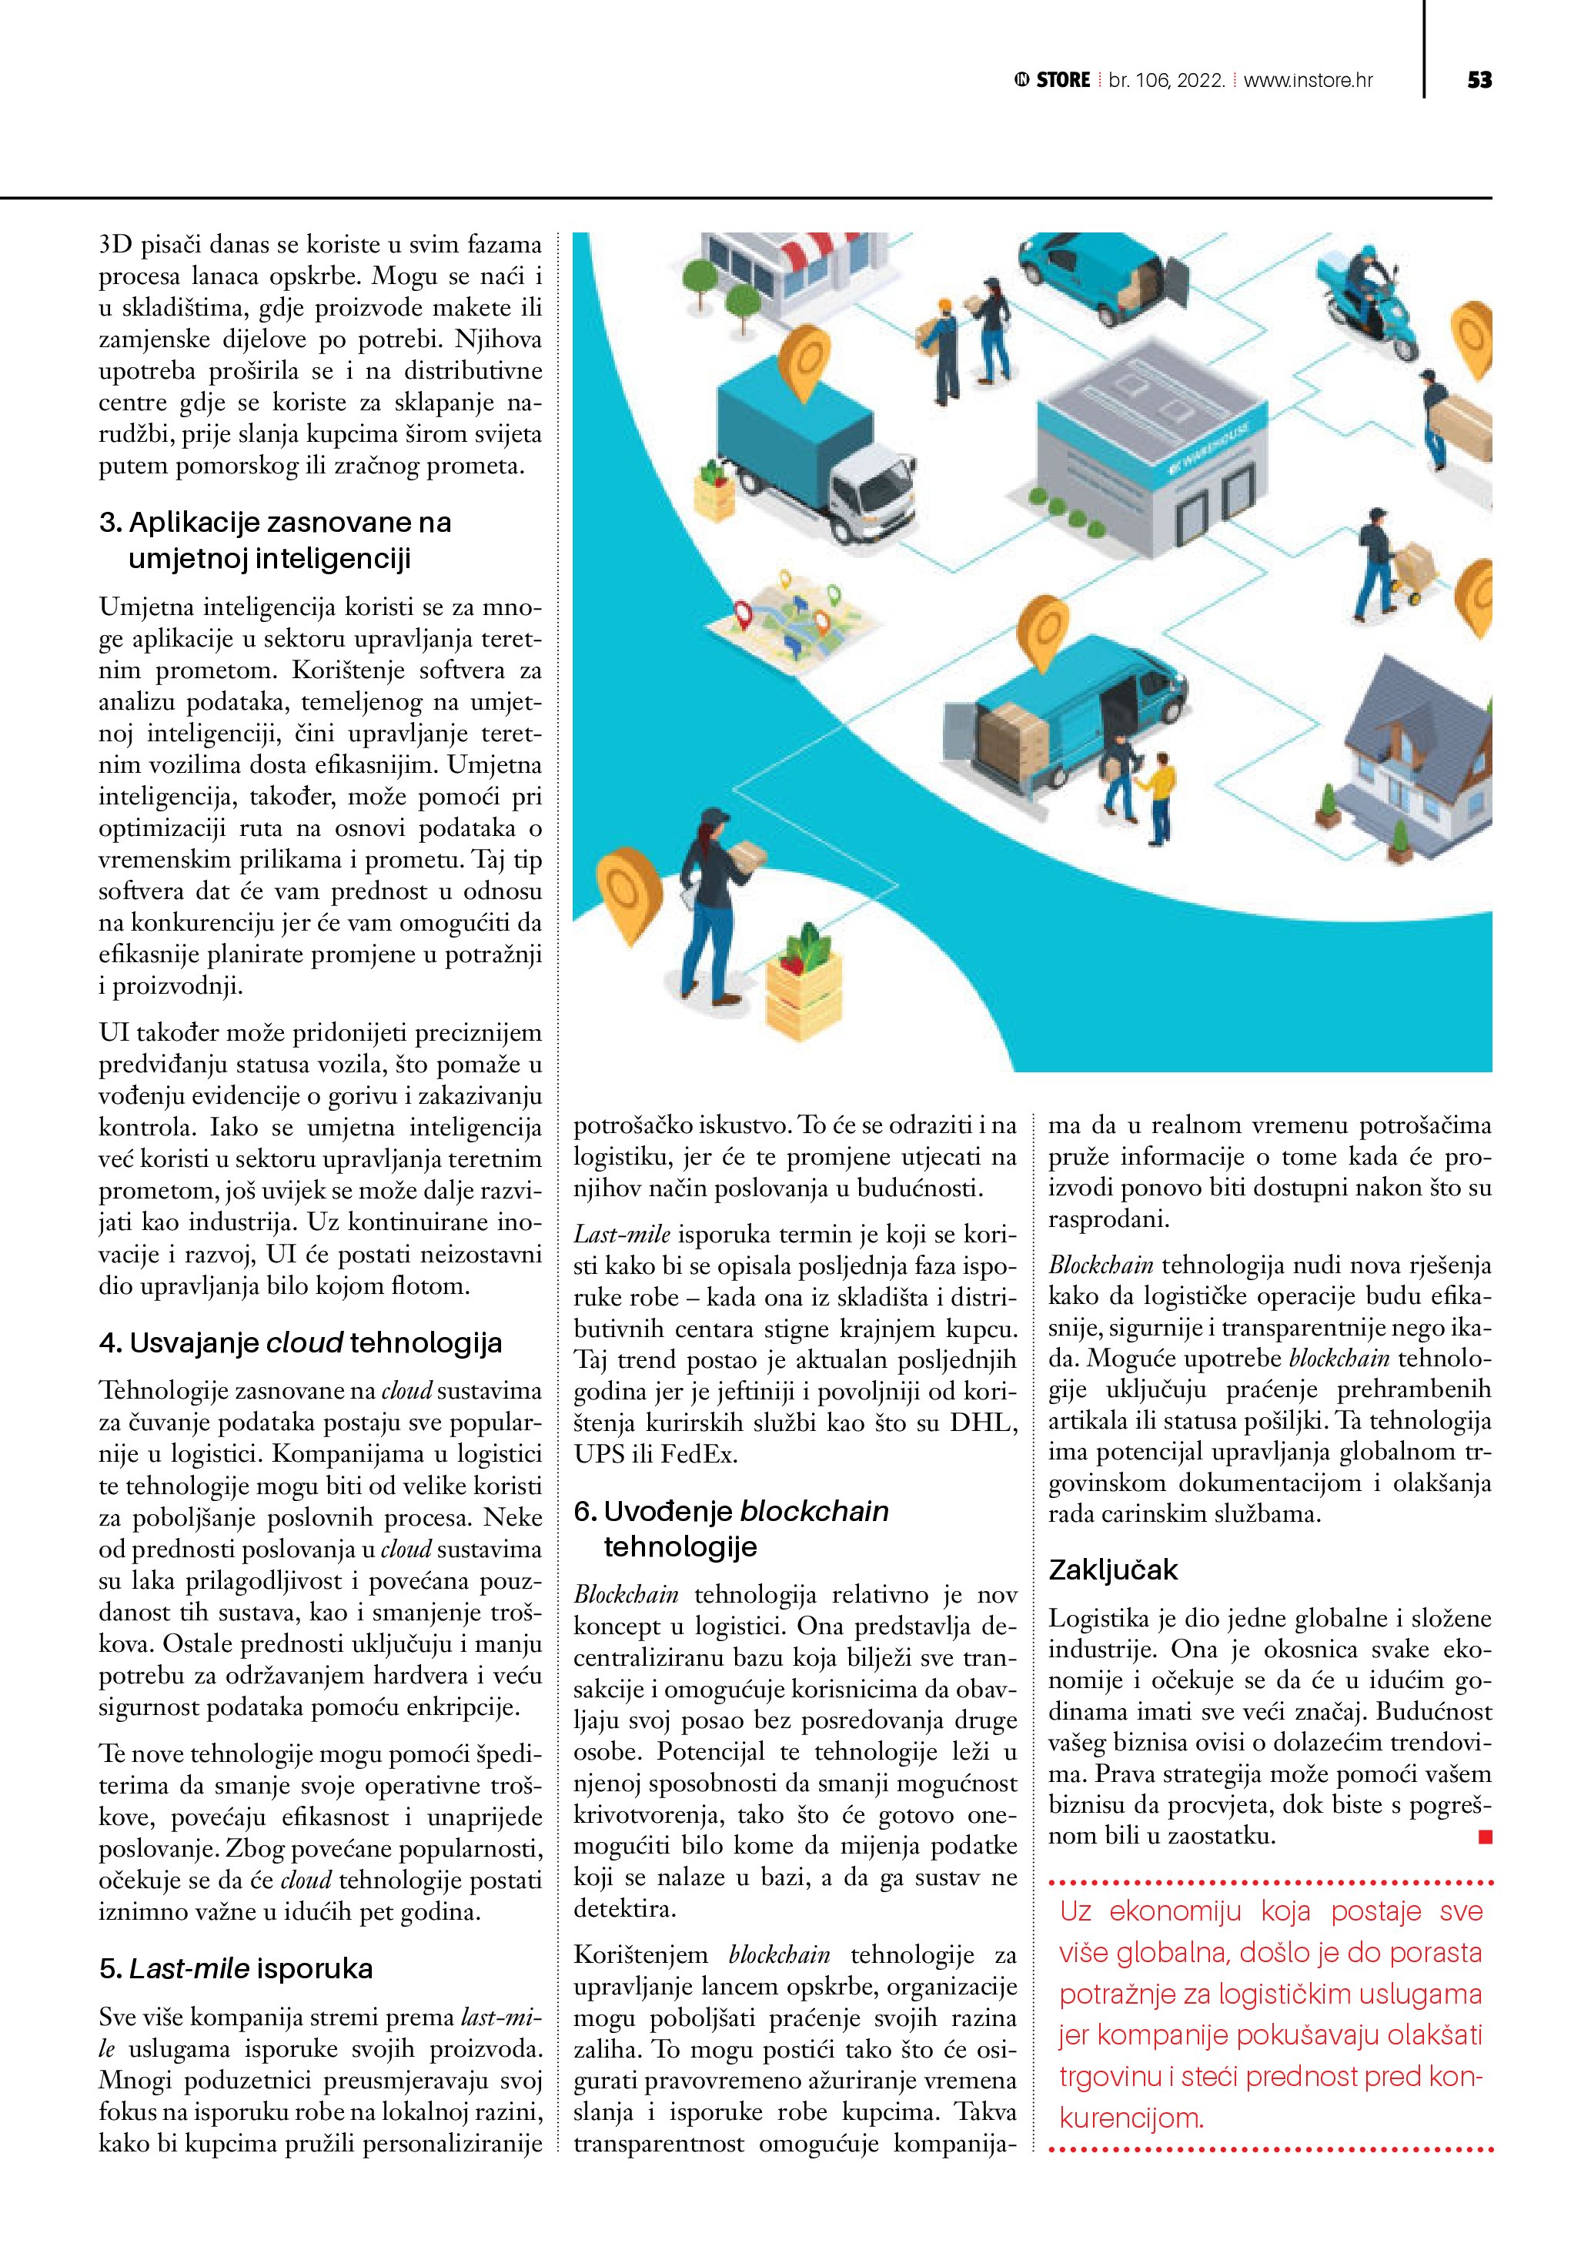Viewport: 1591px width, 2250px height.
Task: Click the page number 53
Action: [x=1479, y=79]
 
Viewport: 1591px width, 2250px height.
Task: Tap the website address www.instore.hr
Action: [x=1308, y=80]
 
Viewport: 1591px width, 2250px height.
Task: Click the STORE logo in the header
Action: [x=1053, y=80]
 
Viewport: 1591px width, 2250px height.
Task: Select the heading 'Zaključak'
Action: [x=1113, y=1570]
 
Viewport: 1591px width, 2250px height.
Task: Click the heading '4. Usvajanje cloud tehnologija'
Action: [x=301, y=1342]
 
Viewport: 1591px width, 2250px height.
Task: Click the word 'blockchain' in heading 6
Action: [x=814, y=1511]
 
